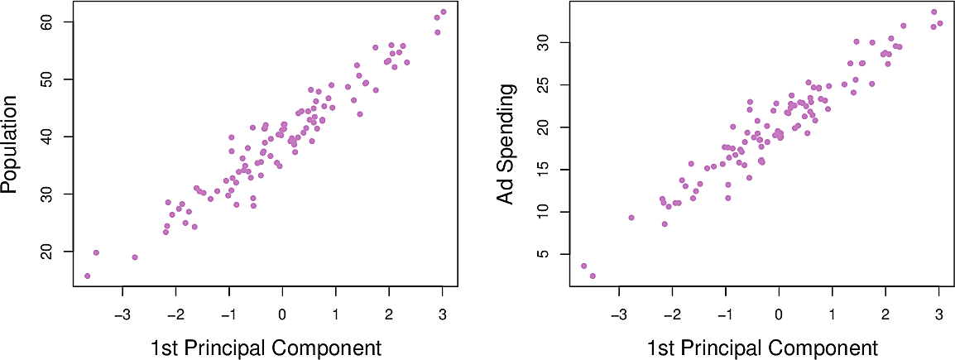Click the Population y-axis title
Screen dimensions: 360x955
coord(11,145)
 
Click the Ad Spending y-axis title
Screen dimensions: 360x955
coord(506,145)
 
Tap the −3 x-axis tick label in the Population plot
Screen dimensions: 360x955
coord(122,314)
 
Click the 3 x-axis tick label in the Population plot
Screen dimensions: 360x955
coord(442,314)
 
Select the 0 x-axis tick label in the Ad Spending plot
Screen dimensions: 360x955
coord(779,314)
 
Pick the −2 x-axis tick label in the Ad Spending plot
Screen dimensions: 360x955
coord(672,314)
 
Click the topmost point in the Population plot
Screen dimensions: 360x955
coord(444,12)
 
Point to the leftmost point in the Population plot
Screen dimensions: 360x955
coord(88,276)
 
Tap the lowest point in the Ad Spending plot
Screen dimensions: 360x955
coord(593,276)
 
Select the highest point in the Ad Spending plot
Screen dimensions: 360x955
coord(934,12)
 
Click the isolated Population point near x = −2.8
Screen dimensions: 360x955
coord(135,257)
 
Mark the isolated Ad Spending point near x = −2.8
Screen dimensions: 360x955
coord(631,218)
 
